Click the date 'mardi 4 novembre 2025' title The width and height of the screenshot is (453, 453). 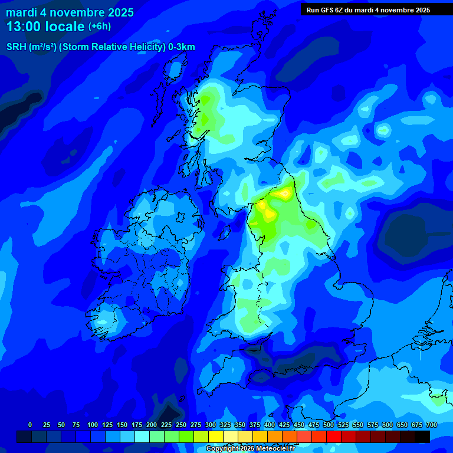pyautogui.click(x=70, y=12)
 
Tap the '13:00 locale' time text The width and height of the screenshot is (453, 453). pyautogui.click(x=45, y=27)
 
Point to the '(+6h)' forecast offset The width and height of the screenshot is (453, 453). pyautogui.click(x=99, y=27)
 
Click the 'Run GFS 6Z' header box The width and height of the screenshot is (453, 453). pyautogui.click(x=368, y=9)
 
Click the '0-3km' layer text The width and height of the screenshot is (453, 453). pyautogui.click(x=182, y=47)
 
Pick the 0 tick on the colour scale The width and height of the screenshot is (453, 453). pyautogui.click(x=30, y=425)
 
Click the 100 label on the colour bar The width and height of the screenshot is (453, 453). pyautogui.click(x=93, y=425)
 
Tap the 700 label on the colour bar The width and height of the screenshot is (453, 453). pyautogui.click(x=431, y=425)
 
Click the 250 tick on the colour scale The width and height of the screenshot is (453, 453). pyautogui.click(x=181, y=425)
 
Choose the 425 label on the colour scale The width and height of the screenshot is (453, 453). pyautogui.click(x=284, y=425)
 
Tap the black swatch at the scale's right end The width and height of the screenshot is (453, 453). pyautogui.click(x=422, y=436)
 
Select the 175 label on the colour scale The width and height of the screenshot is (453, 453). pyautogui.click(x=137, y=425)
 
